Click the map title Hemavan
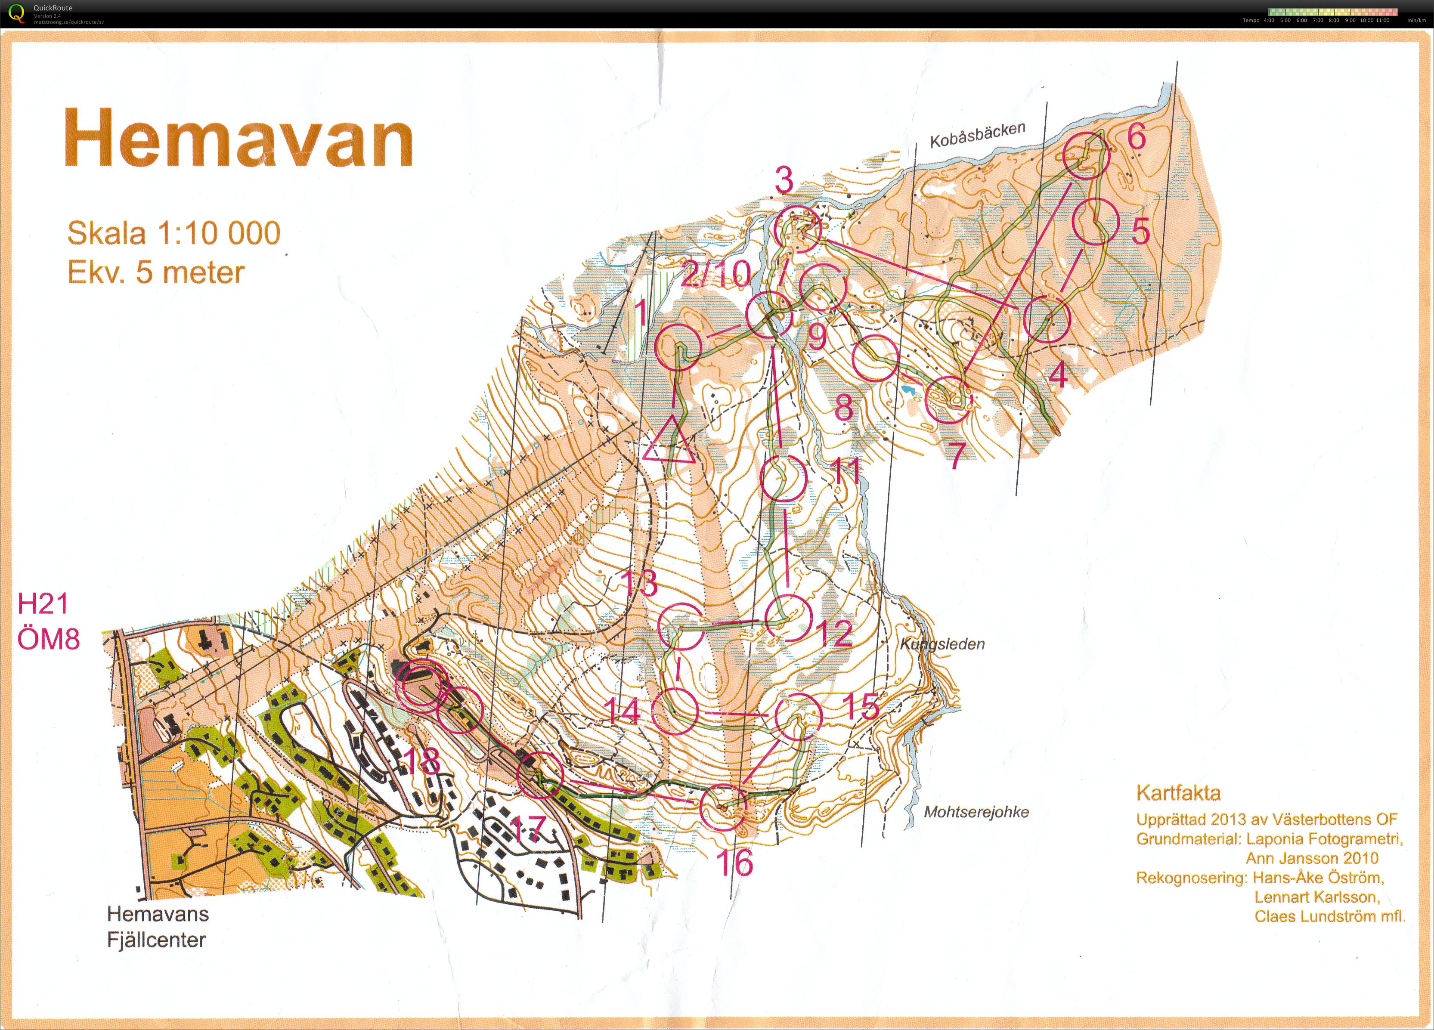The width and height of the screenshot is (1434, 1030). [x=238, y=138]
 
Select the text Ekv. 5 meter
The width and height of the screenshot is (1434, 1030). [x=155, y=272]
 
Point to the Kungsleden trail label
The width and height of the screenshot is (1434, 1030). [x=942, y=644]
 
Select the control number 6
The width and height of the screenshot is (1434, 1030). [x=1136, y=136]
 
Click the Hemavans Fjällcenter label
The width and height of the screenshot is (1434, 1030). [x=157, y=927]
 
